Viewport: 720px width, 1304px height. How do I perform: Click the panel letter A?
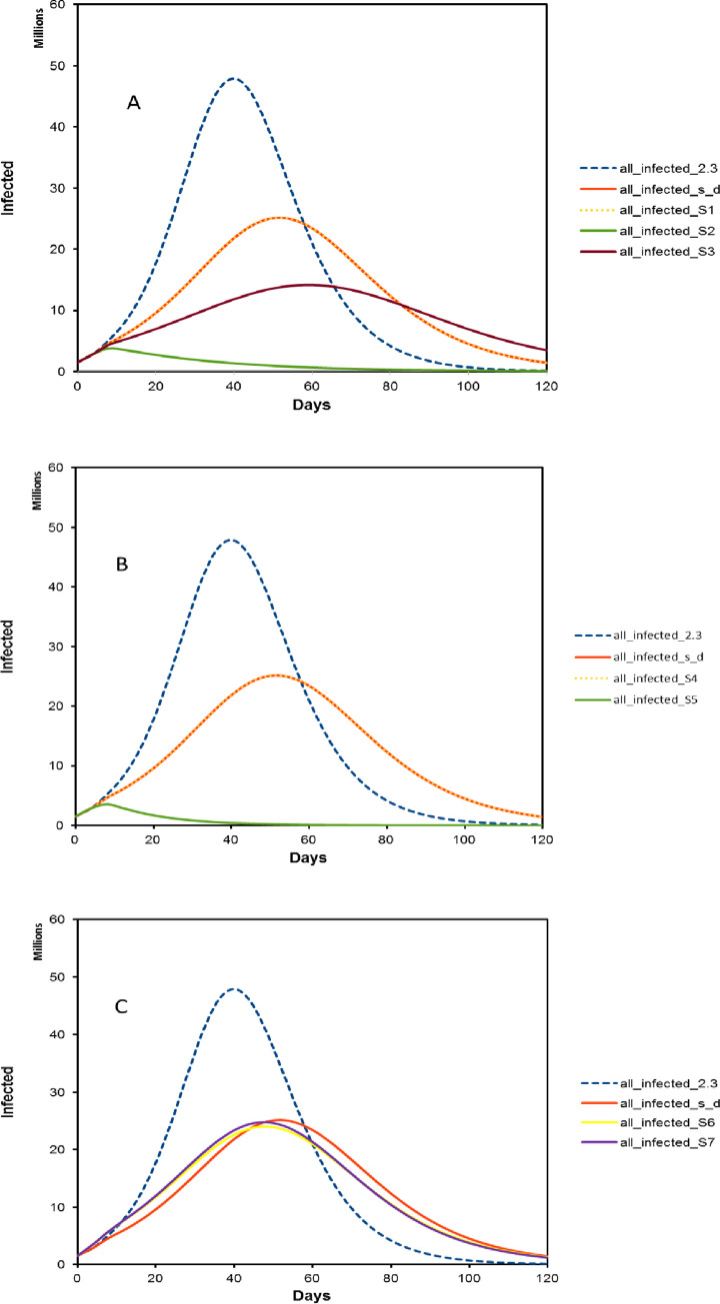(133, 102)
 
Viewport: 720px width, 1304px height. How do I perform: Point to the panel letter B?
(122, 565)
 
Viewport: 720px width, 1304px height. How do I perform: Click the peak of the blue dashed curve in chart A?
(234, 78)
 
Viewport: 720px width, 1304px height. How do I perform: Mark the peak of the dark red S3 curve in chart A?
(307, 285)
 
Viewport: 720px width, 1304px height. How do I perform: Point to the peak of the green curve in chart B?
(107, 803)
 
